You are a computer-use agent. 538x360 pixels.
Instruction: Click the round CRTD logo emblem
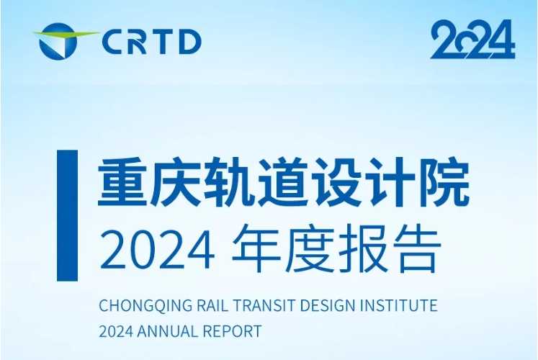click(58, 41)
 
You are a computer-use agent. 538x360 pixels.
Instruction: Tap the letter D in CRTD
click(189, 42)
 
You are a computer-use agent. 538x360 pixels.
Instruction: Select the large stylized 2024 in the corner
click(472, 40)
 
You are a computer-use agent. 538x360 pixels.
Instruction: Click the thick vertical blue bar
click(67, 215)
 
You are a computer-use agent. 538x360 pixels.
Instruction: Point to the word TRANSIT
click(264, 305)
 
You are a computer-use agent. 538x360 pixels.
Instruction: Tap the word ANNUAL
click(167, 331)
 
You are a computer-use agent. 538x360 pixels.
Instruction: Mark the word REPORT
click(232, 331)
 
